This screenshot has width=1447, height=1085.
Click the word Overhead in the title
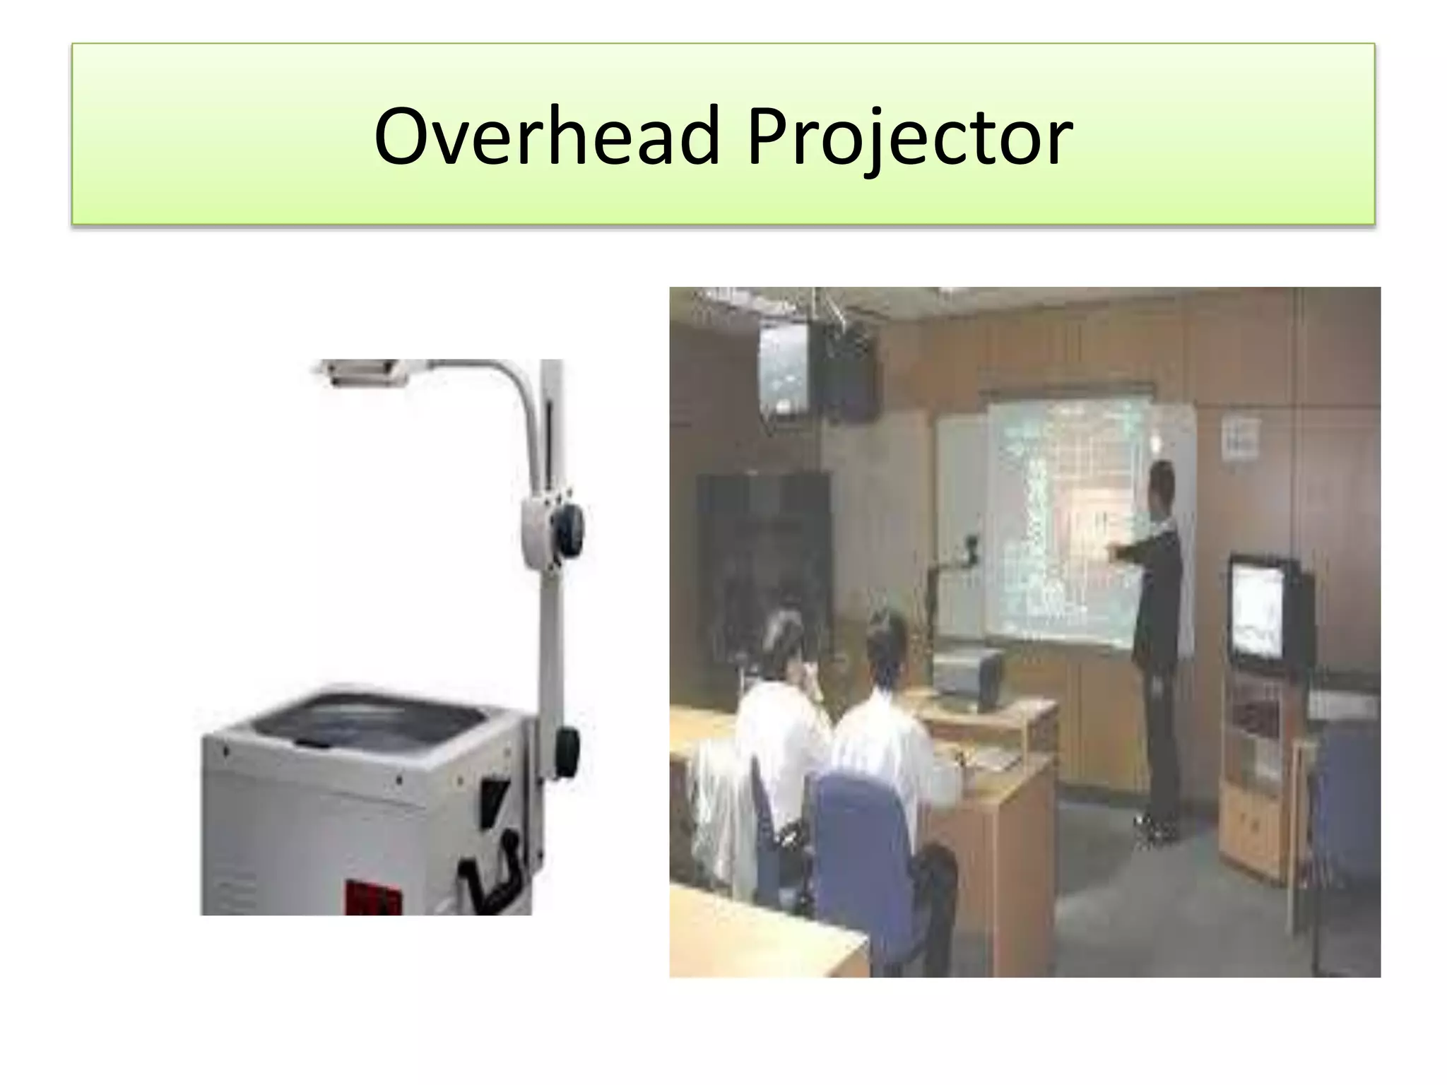546,136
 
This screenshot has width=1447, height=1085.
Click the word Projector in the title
910,136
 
